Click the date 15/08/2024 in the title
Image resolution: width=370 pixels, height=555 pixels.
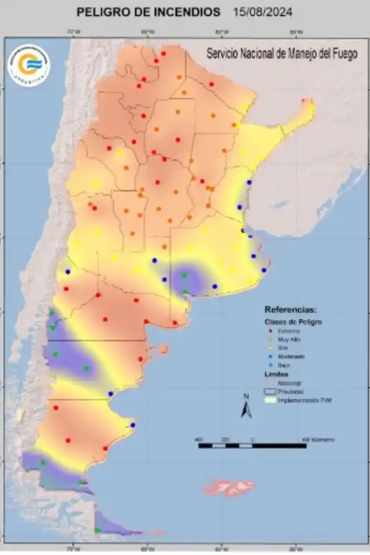pos(263,12)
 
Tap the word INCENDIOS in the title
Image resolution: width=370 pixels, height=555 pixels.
pos(189,12)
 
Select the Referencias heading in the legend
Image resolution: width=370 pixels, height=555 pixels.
pos(290,309)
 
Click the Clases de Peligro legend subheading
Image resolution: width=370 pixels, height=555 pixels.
pos(294,321)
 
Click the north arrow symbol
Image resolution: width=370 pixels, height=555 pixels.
pos(246,409)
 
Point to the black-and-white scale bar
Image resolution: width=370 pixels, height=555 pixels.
pos(252,445)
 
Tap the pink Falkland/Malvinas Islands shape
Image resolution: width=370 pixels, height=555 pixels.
pos(229,488)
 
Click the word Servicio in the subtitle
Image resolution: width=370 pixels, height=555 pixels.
pos(223,54)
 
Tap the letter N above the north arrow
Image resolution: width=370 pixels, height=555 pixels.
pos(246,396)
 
